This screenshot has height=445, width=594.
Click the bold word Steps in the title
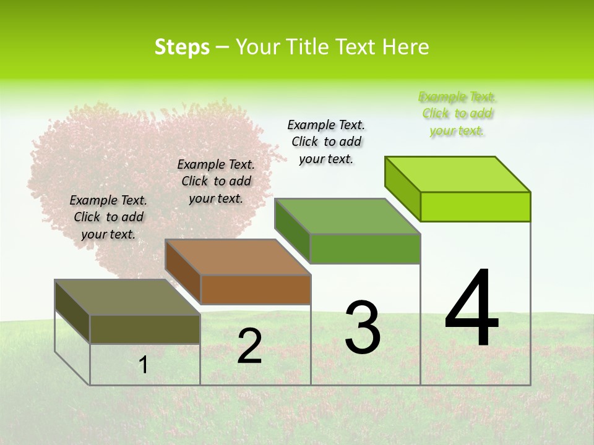point(182,47)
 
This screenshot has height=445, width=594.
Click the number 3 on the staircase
point(363,328)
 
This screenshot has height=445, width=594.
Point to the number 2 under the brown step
point(249,346)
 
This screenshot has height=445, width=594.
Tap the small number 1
point(144,365)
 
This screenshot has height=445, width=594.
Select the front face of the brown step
point(256,289)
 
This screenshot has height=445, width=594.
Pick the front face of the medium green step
point(365,248)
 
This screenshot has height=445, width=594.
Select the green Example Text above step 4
point(457,114)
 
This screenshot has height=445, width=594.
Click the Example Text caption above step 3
point(326,142)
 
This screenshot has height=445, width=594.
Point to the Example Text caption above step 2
point(216,181)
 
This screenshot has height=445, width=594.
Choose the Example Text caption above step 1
point(108,217)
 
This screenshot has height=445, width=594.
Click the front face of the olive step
point(145,329)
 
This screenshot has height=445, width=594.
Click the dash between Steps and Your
point(223,47)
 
